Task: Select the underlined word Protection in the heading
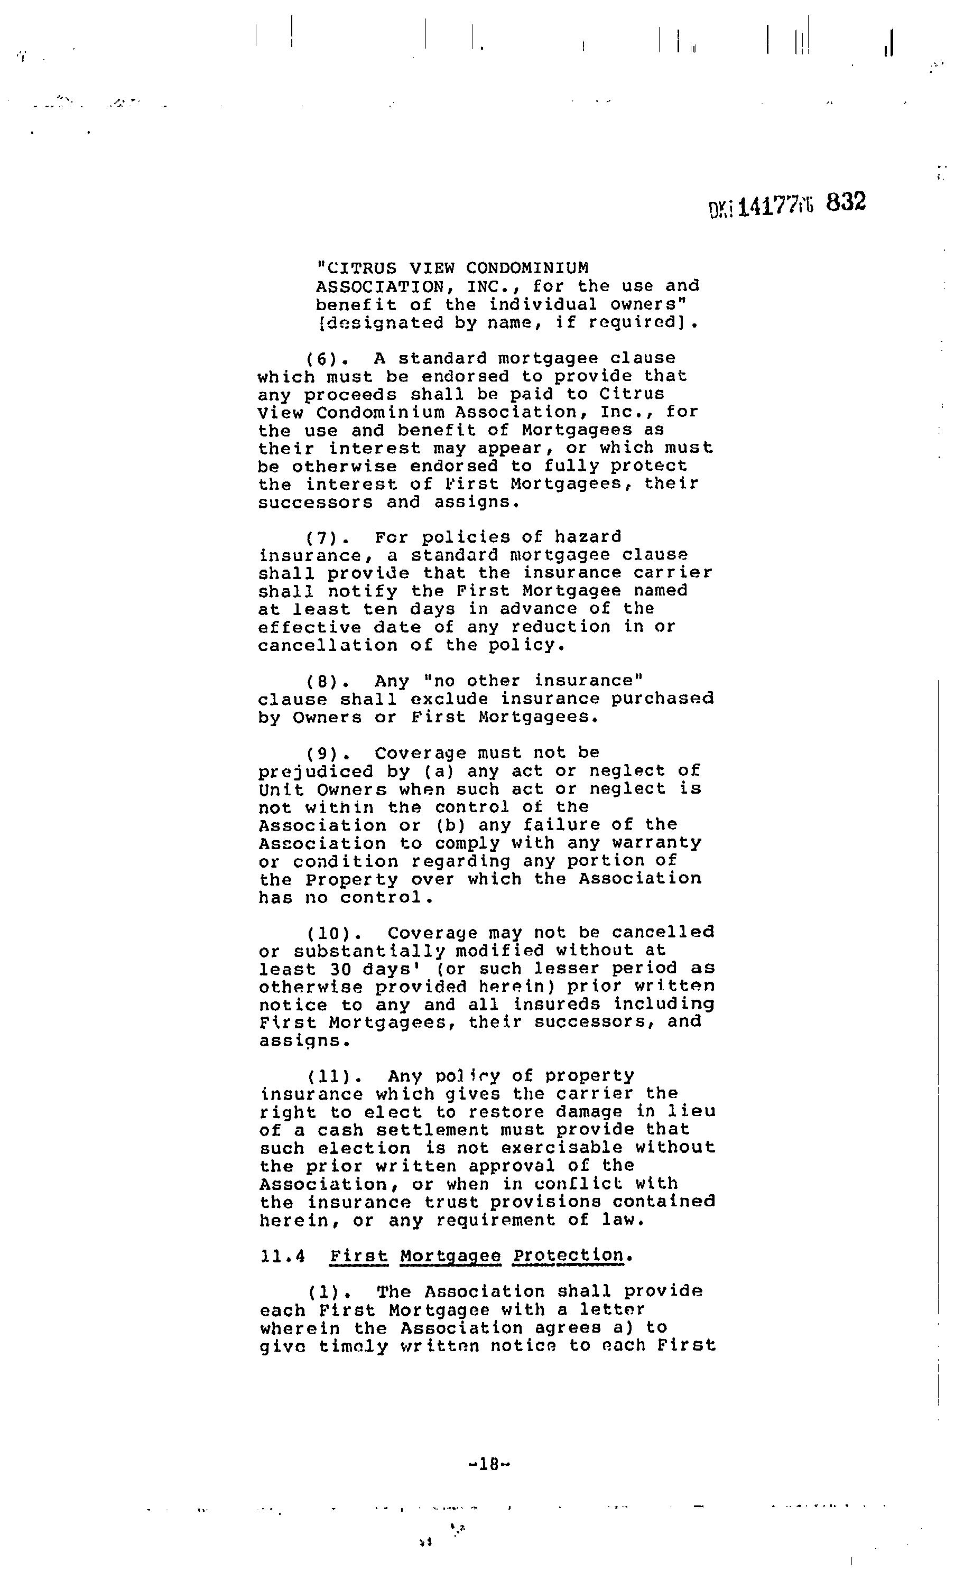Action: (x=568, y=1255)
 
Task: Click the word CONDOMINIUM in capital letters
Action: (x=526, y=267)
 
